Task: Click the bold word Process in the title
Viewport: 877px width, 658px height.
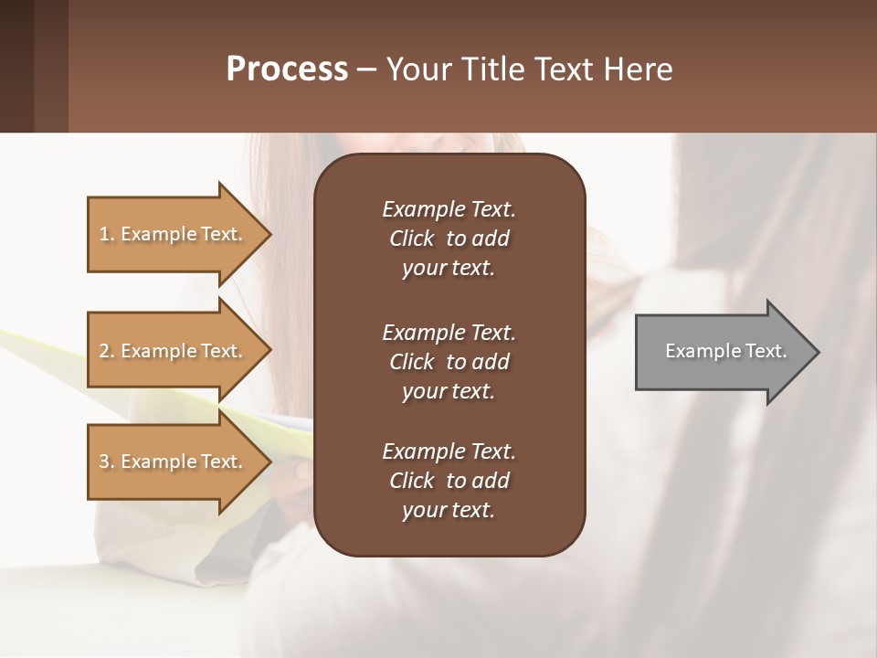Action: pyautogui.click(x=287, y=69)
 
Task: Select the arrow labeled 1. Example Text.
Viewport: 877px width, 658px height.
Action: pyautogui.click(x=174, y=234)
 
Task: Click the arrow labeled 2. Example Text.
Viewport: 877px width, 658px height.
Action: pyautogui.click(x=174, y=351)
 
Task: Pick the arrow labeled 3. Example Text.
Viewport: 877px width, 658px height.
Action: pyautogui.click(x=174, y=462)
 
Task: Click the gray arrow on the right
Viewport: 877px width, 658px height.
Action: pyautogui.click(x=722, y=352)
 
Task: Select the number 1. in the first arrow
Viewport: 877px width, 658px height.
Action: pyautogui.click(x=107, y=234)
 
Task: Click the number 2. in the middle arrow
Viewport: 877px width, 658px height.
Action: pyautogui.click(x=107, y=351)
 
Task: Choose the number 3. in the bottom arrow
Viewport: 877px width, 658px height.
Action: pyautogui.click(x=107, y=462)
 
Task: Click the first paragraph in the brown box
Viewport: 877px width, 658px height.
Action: pyautogui.click(x=449, y=239)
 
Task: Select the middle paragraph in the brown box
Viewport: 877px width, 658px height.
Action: pyautogui.click(x=449, y=362)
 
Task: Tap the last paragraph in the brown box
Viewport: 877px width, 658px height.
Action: pyautogui.click(x=449, y=481)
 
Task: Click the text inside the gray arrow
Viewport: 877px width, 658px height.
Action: pyautogui.click(x=725, y=351)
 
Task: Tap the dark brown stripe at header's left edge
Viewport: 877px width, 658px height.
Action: pyautogui.click(x=16, y=66)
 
